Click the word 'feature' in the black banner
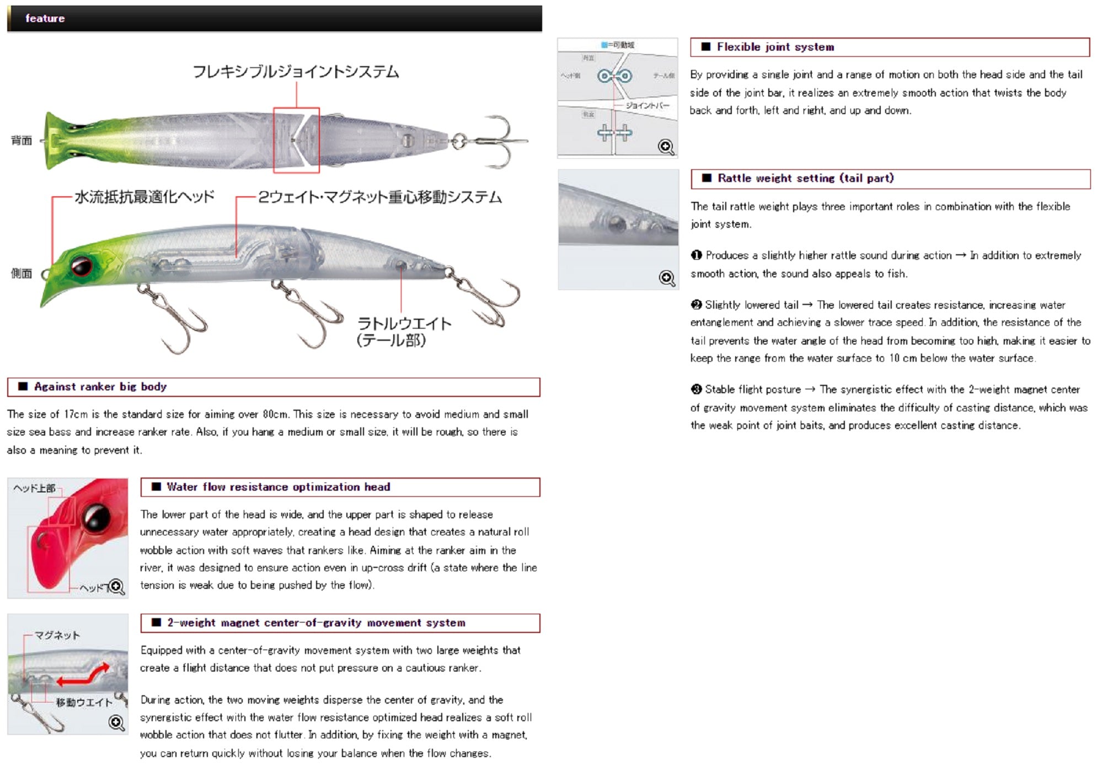(x=45, y=18)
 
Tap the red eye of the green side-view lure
(x=81, y=266)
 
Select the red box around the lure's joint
(x=296, y=140)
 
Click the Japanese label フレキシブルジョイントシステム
(x=296, y=72)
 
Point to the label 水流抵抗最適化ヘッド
(x=144, y=197)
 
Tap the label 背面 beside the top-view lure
(x=22, y=141)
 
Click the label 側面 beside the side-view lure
(x=22, y=273)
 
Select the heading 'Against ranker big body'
(x=100, y=387)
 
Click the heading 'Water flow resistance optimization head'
(x=278, y=487)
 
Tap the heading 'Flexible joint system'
(x=775, y=47)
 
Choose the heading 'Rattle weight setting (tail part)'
(x=805, y=178)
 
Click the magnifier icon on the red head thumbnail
(x=116, y=587)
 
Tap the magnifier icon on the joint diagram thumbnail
(x=666, y=147)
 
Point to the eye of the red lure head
(x=97, y=518)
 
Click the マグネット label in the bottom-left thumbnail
(x=57, y=635)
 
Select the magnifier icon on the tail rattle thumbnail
(x=667, y=278)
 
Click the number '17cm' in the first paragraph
(x=76, y=414)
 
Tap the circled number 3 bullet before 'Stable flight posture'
(x=696, y=389)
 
